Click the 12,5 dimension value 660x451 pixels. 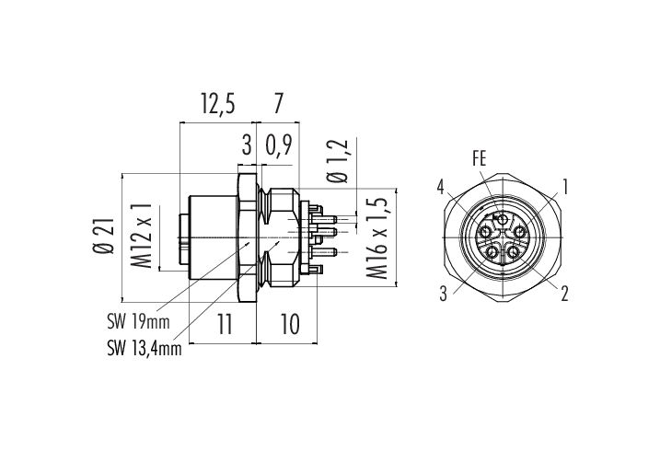click(x=217, y=104)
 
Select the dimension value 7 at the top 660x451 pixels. click(x=278, y=104)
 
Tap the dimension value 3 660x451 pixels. click(x=247, y=145)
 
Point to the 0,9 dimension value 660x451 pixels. click(x=278, y=146)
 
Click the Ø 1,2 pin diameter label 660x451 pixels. click(x=338, y=161)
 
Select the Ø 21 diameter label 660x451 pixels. click(x=103, y=237)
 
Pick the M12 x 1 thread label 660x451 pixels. click(x=142, y=236)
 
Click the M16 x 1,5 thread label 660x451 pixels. click(x=377, y=238)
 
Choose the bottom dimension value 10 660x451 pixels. click(x=290, y=324)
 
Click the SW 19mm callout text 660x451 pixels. click(x=138, y=322)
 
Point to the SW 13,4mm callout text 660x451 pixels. click(x=144, y=349)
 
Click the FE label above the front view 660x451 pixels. click(x=479, y=159)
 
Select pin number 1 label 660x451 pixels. click(x=565, y=187)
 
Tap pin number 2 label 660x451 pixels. click(x=564, y=294)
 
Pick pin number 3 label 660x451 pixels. click(x=443, y=294)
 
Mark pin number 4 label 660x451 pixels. click(x=440, y=187)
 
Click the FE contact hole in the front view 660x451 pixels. click(x=503, y=220)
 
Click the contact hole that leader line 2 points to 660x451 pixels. click(x=514, y=252)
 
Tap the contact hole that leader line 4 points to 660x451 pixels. click(x=486, y=232)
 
